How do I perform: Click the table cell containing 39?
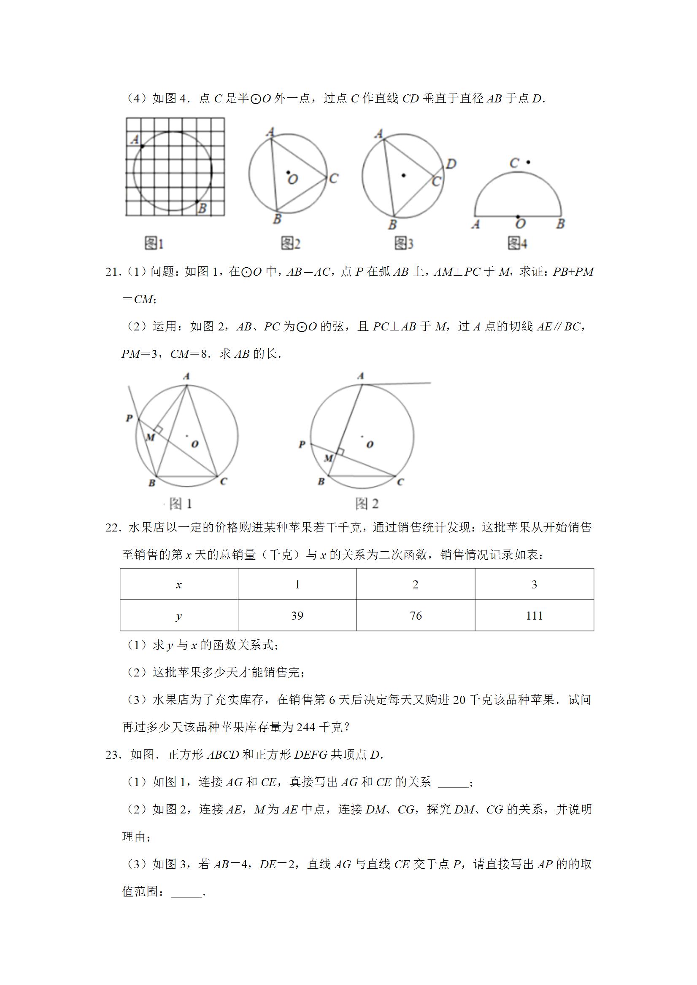(297, 616)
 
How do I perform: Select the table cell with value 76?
(416, 616)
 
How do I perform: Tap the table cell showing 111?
(534, 616)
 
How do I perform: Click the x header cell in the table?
(179, 585)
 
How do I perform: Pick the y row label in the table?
(179, 616)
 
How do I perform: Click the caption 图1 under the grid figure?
(154, 244)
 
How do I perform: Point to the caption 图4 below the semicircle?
(517, 244)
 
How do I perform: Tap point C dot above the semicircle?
(528, 162)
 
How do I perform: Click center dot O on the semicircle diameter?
(518, 217)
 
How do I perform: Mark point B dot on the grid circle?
(197, 201)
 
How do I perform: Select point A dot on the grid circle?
(142, 147)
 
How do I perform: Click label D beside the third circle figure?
(451, 164)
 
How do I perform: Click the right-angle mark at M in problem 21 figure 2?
(340, 452)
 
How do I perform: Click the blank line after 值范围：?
(186, 892)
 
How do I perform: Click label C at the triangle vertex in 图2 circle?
(334, 178)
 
